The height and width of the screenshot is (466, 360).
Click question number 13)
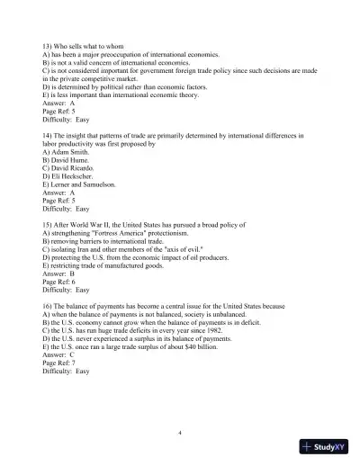pos(49,45)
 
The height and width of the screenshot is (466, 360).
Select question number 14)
pos(49,135)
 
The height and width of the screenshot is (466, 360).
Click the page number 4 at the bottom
pos(180,433)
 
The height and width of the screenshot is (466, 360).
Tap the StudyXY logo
pos(325,447)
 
